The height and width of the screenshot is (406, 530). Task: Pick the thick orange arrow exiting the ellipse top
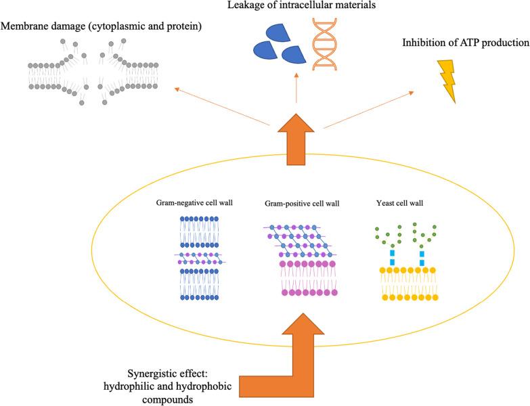296,140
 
